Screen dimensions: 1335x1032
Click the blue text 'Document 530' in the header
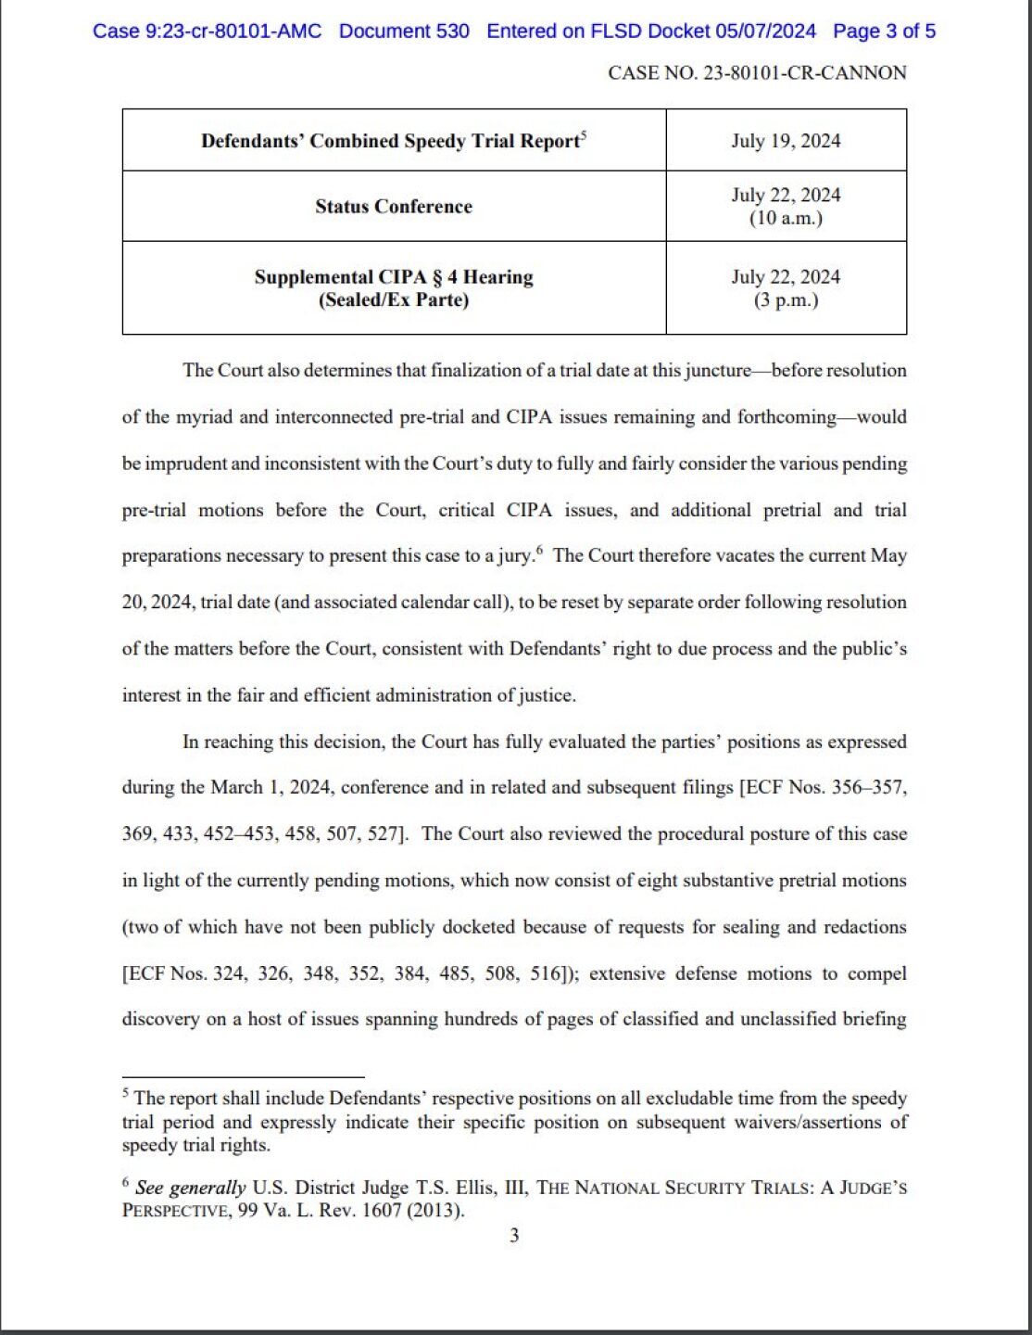(404, 31)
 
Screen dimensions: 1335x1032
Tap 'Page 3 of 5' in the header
(884, 31)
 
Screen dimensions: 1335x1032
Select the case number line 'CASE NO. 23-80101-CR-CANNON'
(757, 72)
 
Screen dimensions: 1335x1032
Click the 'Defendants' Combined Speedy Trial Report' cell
(394, 141)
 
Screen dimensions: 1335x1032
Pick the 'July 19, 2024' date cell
(786, 141)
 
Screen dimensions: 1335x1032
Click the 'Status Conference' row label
(394, 206)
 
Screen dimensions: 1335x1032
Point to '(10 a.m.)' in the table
(786, 219)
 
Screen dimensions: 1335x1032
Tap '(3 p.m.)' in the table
(786, 300)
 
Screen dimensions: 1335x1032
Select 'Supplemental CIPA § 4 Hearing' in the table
(394, 276)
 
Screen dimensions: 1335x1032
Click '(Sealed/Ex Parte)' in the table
(394, 300)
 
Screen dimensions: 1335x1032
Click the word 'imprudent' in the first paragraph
(183, 464)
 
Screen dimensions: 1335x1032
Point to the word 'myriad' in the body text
(205, 417)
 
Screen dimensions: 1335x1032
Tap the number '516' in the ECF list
(546, 973)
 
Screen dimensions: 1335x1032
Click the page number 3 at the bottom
(514, 1235)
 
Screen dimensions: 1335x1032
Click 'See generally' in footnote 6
(190, 1188)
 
